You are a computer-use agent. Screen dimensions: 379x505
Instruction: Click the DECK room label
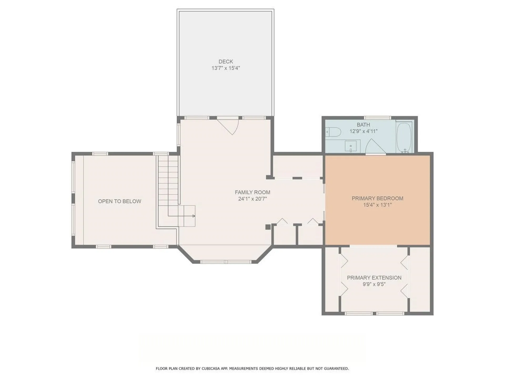click(x=226, y=62)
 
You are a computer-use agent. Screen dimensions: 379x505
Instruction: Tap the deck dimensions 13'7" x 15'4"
click(x=226, y=68)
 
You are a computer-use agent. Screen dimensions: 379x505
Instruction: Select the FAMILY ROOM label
click(x=252, y=192)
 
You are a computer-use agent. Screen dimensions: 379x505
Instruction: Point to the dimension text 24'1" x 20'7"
click(x=252, y=199)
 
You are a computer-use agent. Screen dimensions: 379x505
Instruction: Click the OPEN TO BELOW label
click(x=119, y=201)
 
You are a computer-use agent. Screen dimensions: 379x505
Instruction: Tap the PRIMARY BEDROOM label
click(x=377, y=198)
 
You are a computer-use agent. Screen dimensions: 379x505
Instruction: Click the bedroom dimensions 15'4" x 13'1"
click(x=377, y=205)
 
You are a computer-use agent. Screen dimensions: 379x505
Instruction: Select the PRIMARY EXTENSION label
click(x=374, y=278)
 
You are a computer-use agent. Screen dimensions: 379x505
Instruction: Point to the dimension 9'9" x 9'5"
click(x=374, y=284)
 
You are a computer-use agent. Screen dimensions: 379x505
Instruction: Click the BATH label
click(x=363, y=125)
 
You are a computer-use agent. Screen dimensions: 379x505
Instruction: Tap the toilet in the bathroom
click(x=333, y=131)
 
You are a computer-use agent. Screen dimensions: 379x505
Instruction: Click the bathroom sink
click(x=351, y=146)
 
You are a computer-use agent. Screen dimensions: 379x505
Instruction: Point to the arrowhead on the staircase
click(x=194, y=216)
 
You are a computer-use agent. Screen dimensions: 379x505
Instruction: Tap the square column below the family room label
click(x=268, y=227)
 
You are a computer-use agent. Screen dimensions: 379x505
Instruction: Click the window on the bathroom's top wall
click(x=377, y=118)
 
